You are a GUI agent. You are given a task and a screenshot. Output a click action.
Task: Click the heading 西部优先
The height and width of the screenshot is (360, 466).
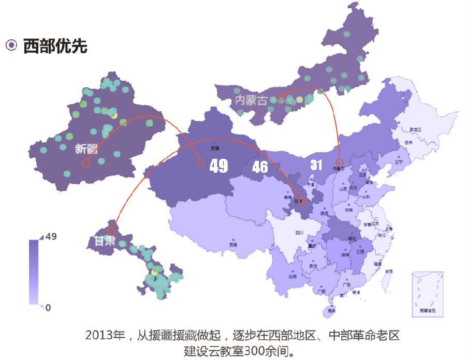[55, 46]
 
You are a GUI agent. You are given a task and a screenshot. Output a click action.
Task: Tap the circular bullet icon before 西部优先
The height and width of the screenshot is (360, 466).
[11, 46]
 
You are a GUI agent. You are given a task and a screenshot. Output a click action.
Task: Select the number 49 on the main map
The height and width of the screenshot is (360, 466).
[219, 166]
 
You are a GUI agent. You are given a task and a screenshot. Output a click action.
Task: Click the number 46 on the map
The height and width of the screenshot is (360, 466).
[260, 167]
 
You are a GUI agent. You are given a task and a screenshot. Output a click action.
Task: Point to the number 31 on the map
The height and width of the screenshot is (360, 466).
[316, 165]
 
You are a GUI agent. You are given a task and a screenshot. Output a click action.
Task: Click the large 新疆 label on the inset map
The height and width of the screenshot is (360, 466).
[86, 149]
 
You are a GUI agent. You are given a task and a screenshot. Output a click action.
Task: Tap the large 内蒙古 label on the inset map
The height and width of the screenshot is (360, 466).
[251, 100]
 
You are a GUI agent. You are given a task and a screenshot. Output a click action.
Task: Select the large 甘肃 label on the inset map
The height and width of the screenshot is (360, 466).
[105, 241]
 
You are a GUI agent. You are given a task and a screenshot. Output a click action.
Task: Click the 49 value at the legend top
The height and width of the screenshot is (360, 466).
[51, 237]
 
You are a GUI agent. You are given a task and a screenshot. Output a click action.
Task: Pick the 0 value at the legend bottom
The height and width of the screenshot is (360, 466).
[48, 308]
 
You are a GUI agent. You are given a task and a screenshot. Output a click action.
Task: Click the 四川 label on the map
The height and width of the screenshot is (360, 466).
[299, 233]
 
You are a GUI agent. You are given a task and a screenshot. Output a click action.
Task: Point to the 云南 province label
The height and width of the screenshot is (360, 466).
[293, 277]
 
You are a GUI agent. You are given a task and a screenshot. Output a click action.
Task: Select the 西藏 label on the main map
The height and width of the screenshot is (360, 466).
[233, 244]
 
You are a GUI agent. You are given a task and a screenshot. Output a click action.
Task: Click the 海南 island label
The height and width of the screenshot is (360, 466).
[331, 312]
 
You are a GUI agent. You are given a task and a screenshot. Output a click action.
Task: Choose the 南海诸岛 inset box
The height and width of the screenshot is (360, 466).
[427, 294]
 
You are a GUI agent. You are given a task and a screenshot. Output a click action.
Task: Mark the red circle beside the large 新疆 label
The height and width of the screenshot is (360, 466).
[86, 163]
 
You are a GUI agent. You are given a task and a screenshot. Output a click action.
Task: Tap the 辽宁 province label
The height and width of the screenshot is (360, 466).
[399, 162]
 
